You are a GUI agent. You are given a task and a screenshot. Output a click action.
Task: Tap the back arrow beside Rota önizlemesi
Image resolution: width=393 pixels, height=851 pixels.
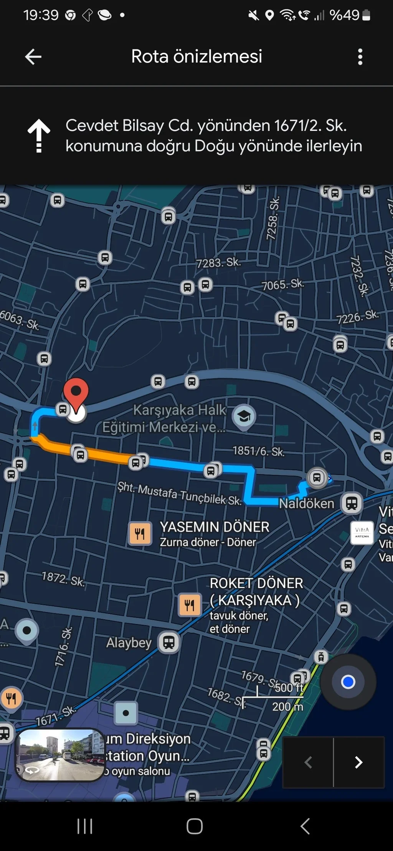[x=33, y=57]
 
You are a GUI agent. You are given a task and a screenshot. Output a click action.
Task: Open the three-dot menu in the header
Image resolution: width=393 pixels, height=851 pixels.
[x=360, y=57]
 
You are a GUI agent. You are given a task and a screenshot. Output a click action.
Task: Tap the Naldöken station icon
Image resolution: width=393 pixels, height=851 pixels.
[x=352, y=503]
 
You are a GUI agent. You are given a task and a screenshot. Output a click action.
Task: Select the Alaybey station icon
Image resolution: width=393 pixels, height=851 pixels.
[x=169, y=642]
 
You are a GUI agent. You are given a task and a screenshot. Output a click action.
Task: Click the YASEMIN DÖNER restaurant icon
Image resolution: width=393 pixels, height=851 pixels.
[x=140, y=533]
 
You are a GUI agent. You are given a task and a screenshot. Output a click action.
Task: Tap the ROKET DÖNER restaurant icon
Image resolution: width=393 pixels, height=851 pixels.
[x=190, y=605]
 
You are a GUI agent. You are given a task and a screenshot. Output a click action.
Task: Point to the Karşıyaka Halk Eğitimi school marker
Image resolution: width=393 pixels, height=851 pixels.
[x=244, y=416]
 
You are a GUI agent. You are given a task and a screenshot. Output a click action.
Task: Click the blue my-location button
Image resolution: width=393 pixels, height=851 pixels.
[x=348, y=682]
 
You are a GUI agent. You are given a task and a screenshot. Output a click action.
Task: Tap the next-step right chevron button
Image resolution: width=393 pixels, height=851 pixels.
[x=358, y=762]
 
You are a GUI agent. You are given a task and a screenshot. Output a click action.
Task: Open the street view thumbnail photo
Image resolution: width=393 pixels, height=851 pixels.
[x=59, y=754]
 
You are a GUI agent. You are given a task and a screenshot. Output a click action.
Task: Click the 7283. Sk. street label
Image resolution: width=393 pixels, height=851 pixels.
[x=218, y=263]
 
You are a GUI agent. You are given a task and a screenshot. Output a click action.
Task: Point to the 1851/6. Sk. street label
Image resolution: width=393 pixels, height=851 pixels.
[x=258, y=451]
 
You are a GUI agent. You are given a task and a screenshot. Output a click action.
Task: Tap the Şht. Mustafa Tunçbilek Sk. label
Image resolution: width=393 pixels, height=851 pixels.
[x=179, y=494]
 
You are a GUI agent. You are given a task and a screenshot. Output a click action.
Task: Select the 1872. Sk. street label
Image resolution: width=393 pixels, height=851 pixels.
[x=63, y=578]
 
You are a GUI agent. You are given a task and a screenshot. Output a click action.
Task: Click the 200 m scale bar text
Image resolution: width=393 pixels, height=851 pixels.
[x=287, y=706]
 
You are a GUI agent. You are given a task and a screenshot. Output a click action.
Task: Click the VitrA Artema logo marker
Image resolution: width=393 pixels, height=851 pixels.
[x=362, y=533]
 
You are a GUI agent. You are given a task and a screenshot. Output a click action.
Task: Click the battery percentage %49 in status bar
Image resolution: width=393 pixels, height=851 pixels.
[x=344, y=15]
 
